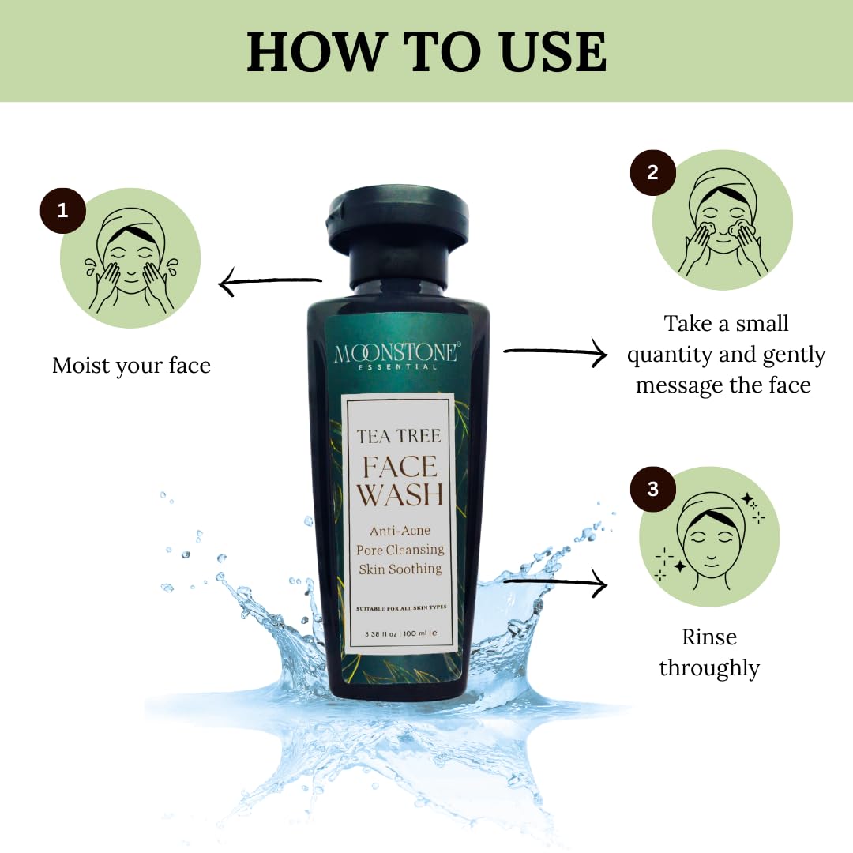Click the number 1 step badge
(x=62, y=210)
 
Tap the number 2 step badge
(x=652, y=172)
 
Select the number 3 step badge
(x=652, y=489)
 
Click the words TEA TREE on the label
(x=399, y=436)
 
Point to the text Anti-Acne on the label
(x=399, y=530)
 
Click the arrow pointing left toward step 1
(x=269, y=282)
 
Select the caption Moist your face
(x=131, y=366)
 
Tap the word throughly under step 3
(x=708, y=668)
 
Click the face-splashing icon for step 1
(x=130, y=258)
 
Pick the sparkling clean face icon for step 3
(x=708, y=536)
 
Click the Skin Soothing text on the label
(x=400, y=568)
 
